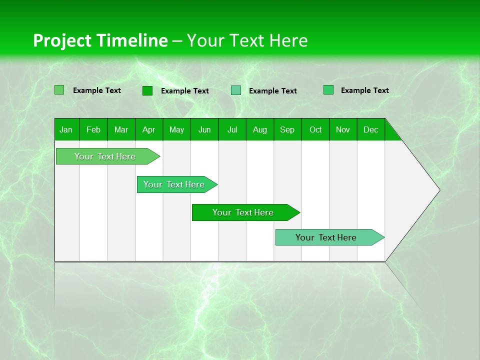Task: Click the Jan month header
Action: [66, 129]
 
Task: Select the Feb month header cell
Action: [93, 129]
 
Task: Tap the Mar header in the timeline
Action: [121, 129]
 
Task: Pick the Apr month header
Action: [149, 129]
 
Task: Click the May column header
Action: [176, 129]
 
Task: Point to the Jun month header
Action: [204, 129]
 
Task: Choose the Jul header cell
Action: [232, 129]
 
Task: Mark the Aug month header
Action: [260, 129]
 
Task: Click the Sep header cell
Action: [287, 129]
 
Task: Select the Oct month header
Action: [315, 129]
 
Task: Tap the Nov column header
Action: [343, 129]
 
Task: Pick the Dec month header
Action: [371, 129]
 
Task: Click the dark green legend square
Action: [147, 90]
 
